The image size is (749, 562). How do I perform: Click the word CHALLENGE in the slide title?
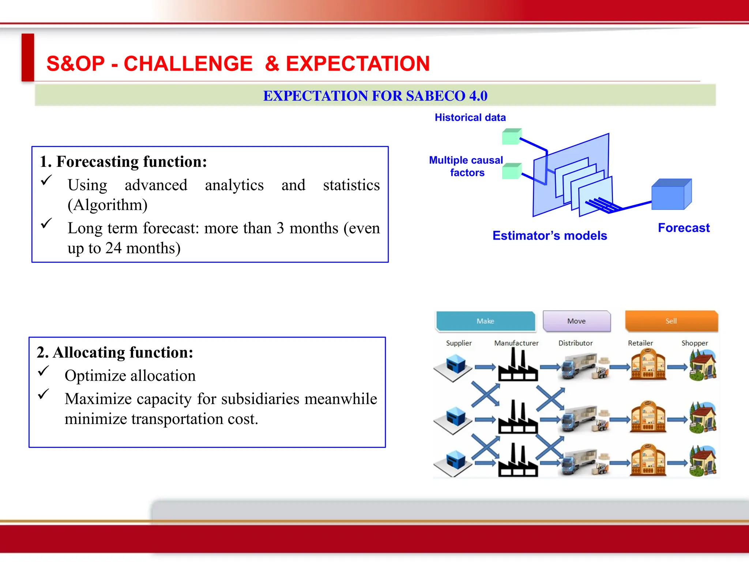tap(188, 64)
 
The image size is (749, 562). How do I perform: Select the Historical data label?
tap(470, 117)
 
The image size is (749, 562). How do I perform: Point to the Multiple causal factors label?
tap(466, 166)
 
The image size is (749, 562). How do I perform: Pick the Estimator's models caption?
tap(549, 236)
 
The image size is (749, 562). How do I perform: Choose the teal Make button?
tap(485, 321)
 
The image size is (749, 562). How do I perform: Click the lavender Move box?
tap(576, 321)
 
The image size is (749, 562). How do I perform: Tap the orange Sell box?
tap(671, 321)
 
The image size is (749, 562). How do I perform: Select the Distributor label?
tap(575, 343)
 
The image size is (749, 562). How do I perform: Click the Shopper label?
tap(694, 343)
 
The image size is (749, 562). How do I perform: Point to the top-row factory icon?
tap(517, 366)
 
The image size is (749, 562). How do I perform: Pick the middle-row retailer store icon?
tap(648, 417)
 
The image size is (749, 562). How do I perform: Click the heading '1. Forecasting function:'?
tap(123, 162)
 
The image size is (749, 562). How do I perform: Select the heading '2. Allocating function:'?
tap(115, 352)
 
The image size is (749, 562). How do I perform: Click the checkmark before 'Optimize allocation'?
tap(44, 371)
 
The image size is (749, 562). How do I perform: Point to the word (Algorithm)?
tap(108, 205)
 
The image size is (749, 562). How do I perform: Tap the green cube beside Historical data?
tap(511, 137)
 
